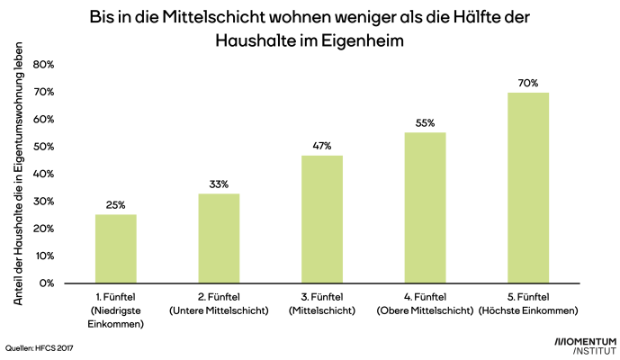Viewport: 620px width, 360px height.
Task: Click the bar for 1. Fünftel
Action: tap(116, 248)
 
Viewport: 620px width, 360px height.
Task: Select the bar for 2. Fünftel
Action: tap(219, 238)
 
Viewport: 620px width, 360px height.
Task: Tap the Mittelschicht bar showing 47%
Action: tap(322, 219)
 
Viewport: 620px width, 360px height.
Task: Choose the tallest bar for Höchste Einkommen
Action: tap(528, 187)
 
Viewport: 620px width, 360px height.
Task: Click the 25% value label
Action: tap(116, 205)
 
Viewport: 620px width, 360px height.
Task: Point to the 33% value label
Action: tap(219, 184)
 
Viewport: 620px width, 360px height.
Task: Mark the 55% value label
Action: tap(425, 123)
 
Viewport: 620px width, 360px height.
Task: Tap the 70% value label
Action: tap(528, 83)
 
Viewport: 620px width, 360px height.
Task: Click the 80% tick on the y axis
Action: tap(43, 65)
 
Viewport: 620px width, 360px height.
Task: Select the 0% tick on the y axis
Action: tap(46, 283)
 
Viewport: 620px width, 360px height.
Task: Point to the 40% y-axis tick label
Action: tap(43, 174)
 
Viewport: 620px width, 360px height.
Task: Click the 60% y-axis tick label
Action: tap(43, 120)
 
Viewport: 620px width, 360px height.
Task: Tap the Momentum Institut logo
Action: tap(585, 346)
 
